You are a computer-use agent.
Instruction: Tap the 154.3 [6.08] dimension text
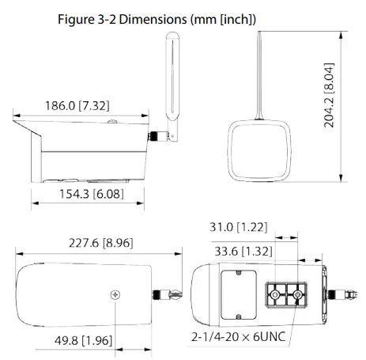[85, 194]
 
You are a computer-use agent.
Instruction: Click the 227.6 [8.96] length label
[94, 244]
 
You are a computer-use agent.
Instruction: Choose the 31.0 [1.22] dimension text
[237, 228]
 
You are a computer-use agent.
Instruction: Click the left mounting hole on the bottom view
[274, 295]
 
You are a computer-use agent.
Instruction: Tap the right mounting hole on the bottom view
[297, 295]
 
